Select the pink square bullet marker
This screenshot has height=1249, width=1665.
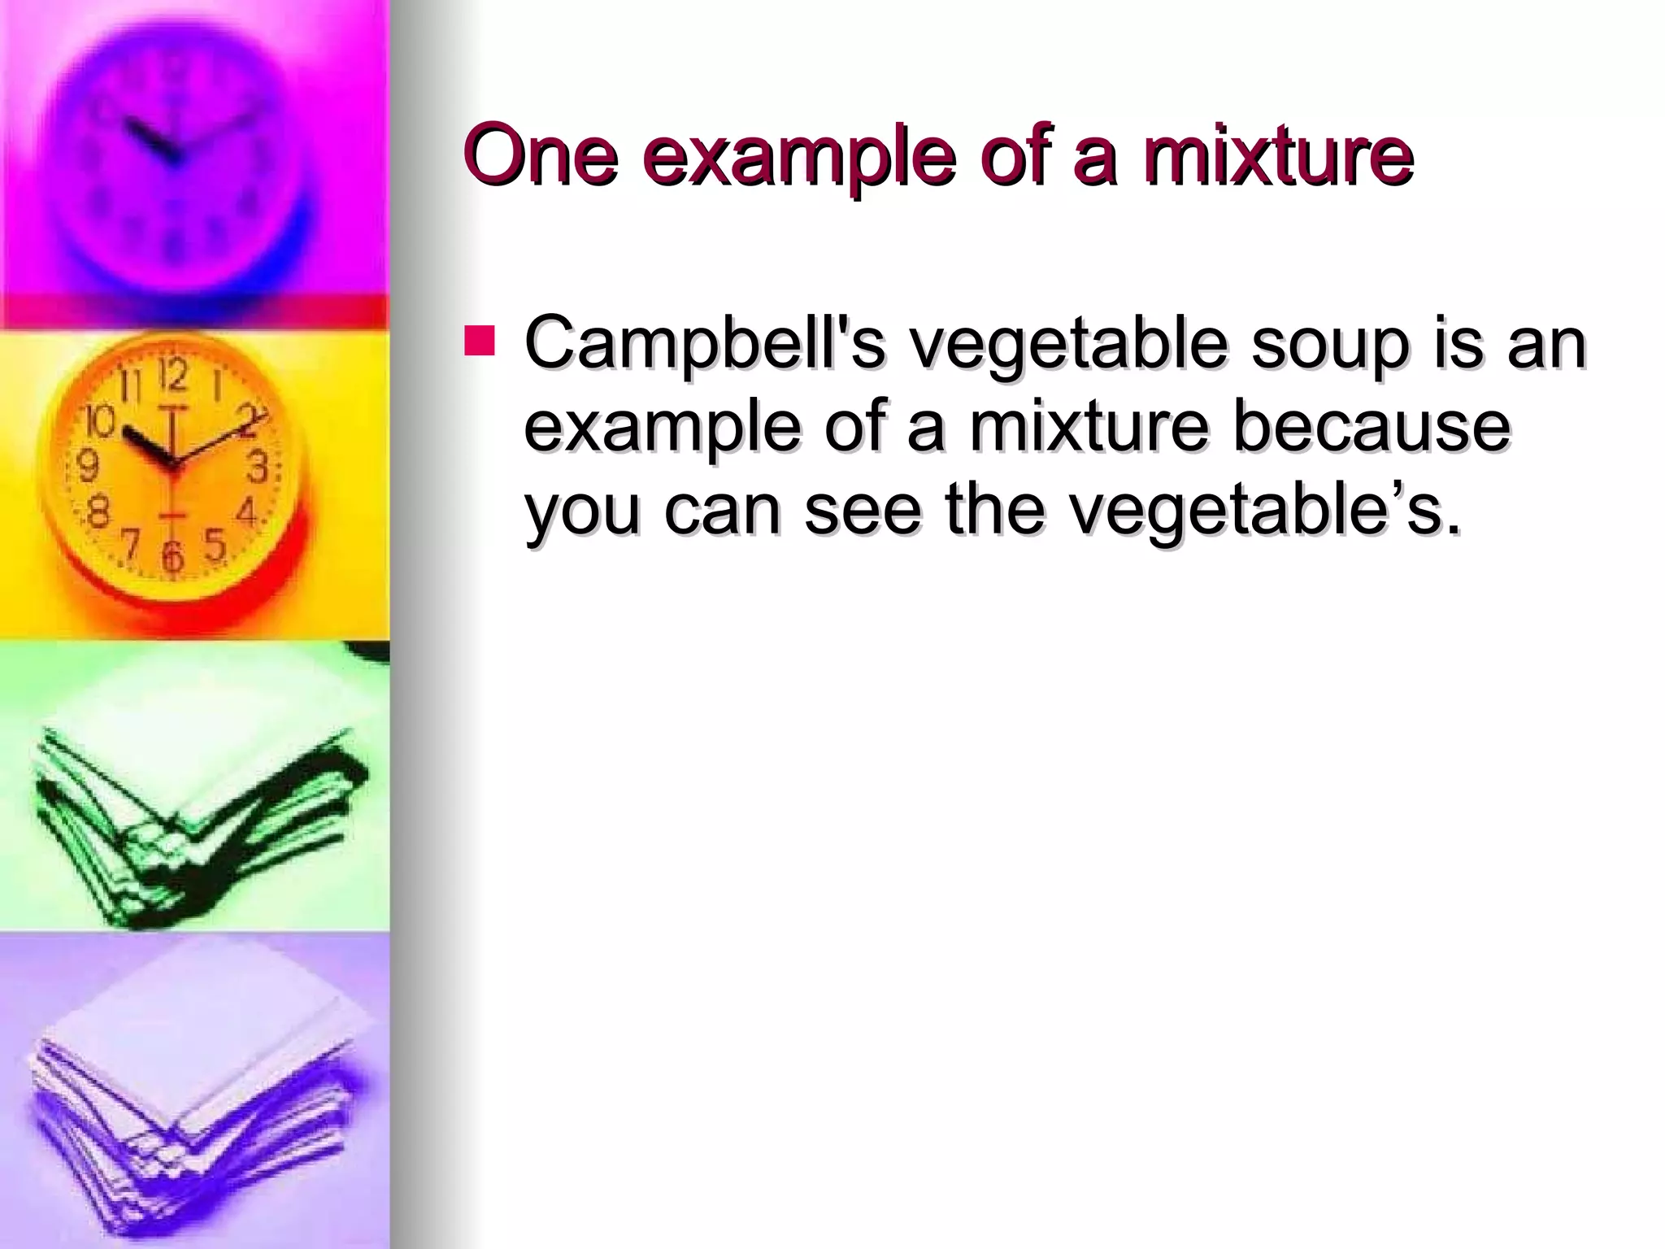tap(479, 342)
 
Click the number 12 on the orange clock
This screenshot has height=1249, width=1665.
tap(173, 375)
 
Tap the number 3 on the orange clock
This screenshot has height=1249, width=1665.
tap(258, 469)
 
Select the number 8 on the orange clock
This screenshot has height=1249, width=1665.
tap(99, 514)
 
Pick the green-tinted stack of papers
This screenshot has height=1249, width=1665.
tap(195, 813)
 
